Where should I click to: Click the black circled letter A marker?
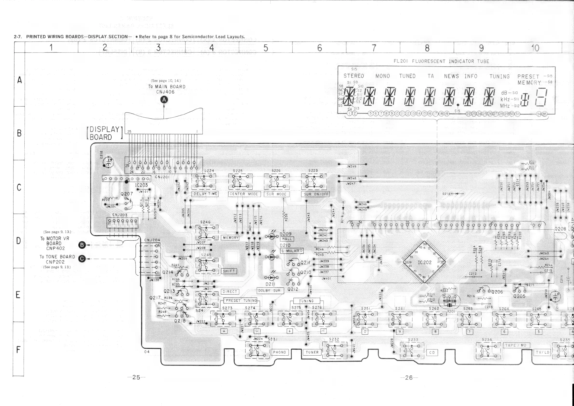click(164, 100)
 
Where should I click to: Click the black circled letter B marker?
click(82, 245)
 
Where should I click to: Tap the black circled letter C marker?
click(82, 259)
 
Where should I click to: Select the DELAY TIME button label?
click(205, 194)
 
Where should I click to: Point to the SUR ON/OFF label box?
click(316, 194)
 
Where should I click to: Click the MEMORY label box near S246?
click(230, 238)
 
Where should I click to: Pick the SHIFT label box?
click(229, 271)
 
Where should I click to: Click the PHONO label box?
click(279, 352)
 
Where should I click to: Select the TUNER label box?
click(312, 352)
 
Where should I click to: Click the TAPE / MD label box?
click(516, 345)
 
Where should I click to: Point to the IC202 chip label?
click(425, 263)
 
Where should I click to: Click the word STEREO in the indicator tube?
click(353, 76)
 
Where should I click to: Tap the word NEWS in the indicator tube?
click(451, 76)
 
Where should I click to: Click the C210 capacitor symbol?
click(108, 162)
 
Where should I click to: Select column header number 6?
click(319, 48)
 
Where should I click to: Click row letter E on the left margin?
click(18, 295)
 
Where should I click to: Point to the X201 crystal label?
click(451, 311)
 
